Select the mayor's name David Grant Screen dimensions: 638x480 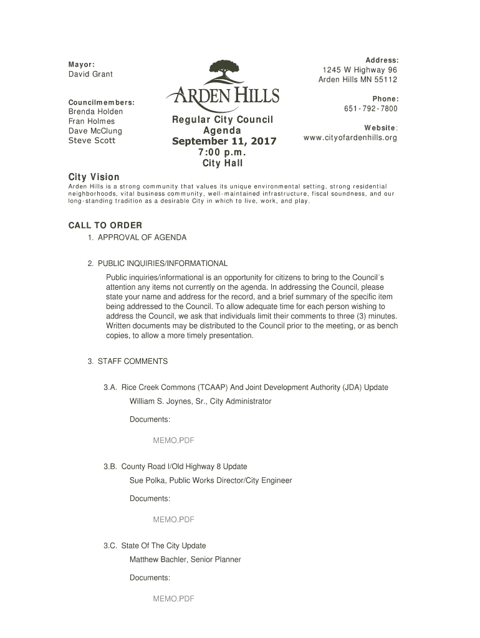[x=90, y=75]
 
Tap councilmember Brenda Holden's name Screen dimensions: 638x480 [x=95, y=112]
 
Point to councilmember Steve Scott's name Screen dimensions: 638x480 [x=91, y=141]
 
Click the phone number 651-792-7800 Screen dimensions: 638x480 [x=370, y=109]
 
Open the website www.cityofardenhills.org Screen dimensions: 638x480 [x=350, y=138]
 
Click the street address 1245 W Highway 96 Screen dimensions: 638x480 [x=359, y=70]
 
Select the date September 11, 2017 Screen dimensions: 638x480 [x=224, y=142]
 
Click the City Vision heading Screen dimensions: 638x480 [x=94, y=178]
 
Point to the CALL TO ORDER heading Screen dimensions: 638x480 [x=105, y=225]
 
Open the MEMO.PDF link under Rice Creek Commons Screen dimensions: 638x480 [x=173, y=440]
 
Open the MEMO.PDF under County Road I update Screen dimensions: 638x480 [x=173, y=519]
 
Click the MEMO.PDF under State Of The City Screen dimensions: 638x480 [x=173, y=599]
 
